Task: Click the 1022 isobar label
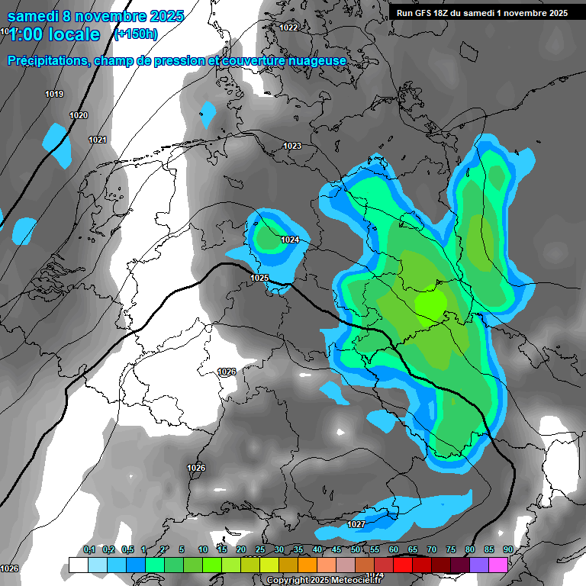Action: tap(288, 27)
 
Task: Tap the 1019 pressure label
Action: tap(54, 95)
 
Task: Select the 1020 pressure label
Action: tap(79, 116)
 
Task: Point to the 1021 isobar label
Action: tap(97, 140)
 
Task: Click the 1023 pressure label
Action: tap(291, 146)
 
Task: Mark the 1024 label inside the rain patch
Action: tap(290, 240)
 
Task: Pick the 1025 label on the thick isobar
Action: tap(259, 278)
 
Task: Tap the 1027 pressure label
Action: tap(356, 524)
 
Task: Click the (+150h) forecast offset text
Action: tap(136, 34)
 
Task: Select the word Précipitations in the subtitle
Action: tap(47, 60)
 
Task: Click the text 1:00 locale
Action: tap(55, 34)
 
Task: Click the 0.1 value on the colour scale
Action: tap(89, 550)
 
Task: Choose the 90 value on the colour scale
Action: tap(507, 550)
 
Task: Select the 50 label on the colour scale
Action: tap(356, 550)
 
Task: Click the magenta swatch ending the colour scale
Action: tap(498, 565)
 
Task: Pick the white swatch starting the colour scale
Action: tap(78, 565)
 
